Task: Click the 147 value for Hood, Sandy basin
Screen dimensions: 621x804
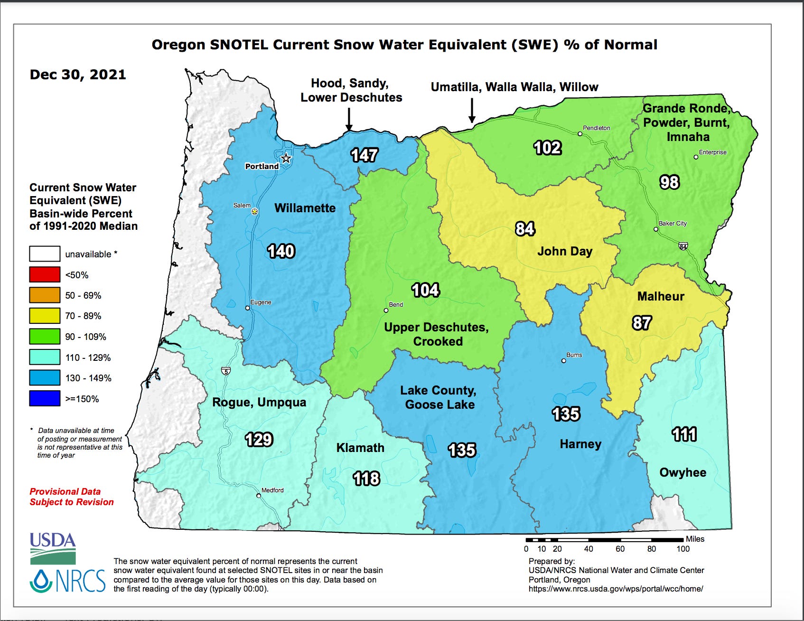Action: point(364,155)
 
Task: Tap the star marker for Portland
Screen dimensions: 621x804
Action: point(286,159)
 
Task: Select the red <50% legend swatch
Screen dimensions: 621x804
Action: point(45,274)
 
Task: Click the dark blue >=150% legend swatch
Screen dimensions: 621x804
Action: point(45,398)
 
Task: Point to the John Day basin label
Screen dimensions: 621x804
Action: point(564,251)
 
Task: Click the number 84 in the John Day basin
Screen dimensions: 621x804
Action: point(525,229)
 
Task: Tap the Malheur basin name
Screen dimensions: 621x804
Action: point(660,296)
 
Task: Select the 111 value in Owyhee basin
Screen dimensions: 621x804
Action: point(684,434)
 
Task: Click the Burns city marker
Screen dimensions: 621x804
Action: point(563,361)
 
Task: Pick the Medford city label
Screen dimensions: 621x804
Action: point(272,490)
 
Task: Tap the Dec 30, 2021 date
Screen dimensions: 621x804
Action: point(78,75)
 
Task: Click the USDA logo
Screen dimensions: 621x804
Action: point(53,547)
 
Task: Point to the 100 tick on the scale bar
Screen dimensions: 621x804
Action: point(682,549)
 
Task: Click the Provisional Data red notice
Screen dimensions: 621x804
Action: point(72,497)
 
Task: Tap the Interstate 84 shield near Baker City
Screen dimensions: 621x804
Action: point(683,246)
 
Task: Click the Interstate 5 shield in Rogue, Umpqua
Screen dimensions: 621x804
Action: point(226,371)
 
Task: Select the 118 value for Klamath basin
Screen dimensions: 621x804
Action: point(366,479)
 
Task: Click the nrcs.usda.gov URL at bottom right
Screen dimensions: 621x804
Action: point(616,589)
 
